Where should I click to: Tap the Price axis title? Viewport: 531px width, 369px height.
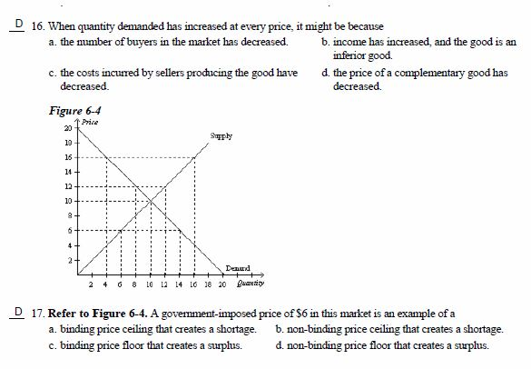(90, 121)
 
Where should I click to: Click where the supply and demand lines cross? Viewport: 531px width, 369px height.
(150, 202)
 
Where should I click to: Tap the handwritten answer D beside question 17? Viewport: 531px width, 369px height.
(13, 311)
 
